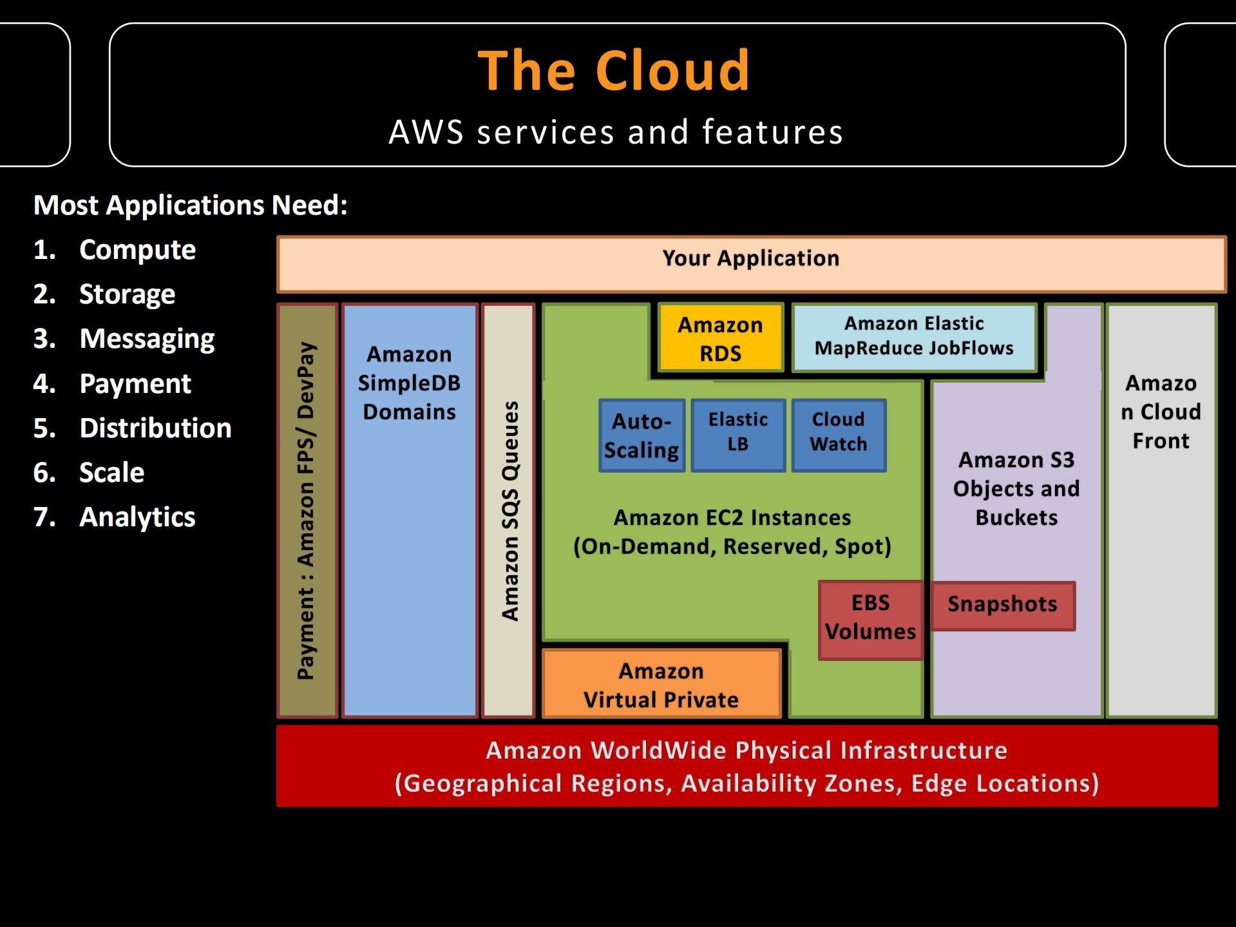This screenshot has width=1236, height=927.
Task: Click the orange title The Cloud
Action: [614, 71]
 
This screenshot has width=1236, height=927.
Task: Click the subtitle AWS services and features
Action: [616, 132]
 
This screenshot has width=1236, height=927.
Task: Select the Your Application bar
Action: [751, 258]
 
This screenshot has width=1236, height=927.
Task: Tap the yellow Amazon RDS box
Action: [720, 339]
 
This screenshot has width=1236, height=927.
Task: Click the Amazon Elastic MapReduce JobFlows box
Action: [913, 336]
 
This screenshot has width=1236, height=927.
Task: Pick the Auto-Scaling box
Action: [642, 435]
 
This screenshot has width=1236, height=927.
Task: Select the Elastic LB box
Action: [738, 432]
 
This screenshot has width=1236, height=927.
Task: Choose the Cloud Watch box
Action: [839, 432]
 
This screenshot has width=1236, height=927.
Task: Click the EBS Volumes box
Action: [870, 617]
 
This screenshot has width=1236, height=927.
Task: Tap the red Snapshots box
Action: [1002, 604]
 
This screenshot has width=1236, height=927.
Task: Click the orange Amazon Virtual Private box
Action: [661, 685]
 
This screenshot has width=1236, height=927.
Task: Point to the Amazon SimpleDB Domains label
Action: [409, 383]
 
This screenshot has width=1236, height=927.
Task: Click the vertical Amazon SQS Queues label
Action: [509, 511]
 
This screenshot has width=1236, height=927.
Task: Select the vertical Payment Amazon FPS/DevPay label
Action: [306, 511]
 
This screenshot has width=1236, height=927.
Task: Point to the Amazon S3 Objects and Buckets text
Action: [1016, 488]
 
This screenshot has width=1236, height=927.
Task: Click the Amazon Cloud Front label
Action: [1161, 412]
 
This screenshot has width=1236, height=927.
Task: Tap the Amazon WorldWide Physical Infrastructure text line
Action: [746, 750]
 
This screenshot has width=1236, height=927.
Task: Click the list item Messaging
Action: [147, 339]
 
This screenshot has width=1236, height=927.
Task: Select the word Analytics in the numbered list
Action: [137, 517]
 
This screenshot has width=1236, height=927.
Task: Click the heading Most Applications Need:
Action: [191, 205]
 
